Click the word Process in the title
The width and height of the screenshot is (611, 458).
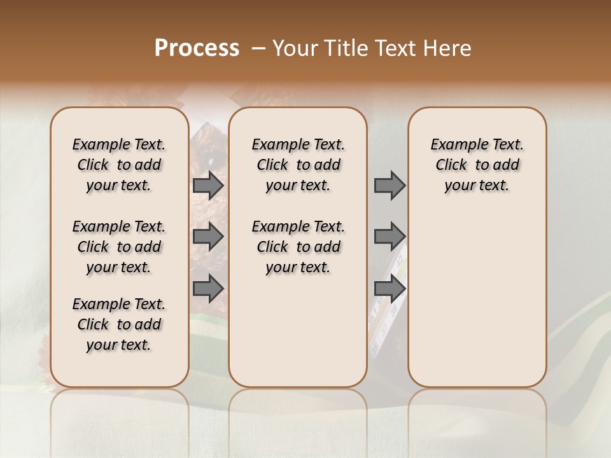pyautogui.click(x=197, y=48)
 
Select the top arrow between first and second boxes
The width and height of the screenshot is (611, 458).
pyautogui.click(x=208, y=186)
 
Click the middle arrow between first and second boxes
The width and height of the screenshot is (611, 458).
pyautogui.click(x=208, y=237)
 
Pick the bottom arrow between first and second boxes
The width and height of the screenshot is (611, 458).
pyautogui.click(x=208, y=289)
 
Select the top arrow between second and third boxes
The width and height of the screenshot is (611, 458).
pyautogui.click(x=390, y=186)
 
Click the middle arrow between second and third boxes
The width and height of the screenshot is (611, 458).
pyautogui.click(x=390, y=237)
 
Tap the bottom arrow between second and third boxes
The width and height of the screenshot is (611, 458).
pyautogui.click(x=390, y=289)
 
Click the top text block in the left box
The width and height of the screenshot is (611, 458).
pyautogui.click(x=119, y=165)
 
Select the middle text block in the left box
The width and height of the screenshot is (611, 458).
pyautogui.click(x=119, y=247)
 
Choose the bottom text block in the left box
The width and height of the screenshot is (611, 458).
pyautogui.click(x=119, y=324)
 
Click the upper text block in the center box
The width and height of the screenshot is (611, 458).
pyautogui.click(x=298, y=165)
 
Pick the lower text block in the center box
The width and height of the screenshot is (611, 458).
pyautogui.click(x=298, y=247)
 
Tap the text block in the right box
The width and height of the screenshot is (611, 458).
pyautogui.click(x=477, y=165)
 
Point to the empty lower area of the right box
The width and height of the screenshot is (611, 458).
pyautogui.click(x=477, y=305)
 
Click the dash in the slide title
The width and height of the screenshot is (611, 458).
pyautogui.click(x=258, y=48)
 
